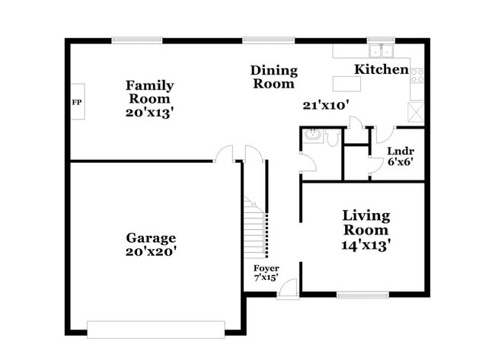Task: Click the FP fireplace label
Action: point(76,102)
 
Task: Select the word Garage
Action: point(151,237)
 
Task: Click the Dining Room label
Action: point(273,77)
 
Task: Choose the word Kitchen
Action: point(381,69)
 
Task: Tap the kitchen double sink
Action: point(379,51)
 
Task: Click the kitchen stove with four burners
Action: point(417,75)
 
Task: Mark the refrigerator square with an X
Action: point(417,111)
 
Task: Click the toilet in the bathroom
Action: point(332,138)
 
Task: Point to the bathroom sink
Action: point(311,136)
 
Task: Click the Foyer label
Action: point(266,269)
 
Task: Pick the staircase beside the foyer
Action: point(256,226)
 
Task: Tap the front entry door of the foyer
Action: point(287,288)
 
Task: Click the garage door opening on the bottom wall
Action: point(155,329)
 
